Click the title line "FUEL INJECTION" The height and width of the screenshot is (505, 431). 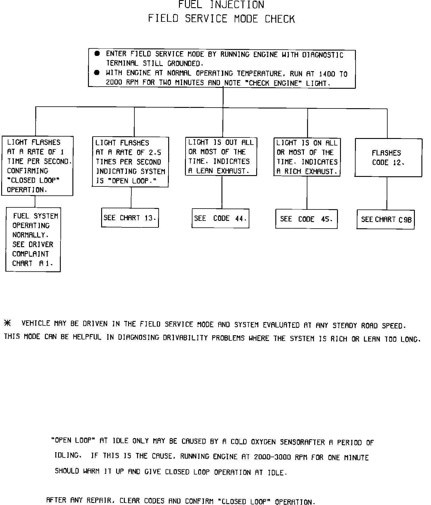click(x=221, y=5)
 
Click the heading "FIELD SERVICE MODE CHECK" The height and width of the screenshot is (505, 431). click(x=221, y=19)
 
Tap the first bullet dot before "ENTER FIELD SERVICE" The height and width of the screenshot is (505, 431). click(x=97, y=54)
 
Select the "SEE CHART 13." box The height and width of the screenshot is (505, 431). click(x=130, y=218)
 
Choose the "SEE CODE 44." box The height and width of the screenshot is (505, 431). click(x=220, y=218)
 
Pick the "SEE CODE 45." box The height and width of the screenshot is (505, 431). click(x=306, y=219)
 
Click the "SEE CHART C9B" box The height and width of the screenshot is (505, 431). click(x=386, y=220)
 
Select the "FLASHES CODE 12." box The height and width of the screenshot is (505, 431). click(x=388, y=157)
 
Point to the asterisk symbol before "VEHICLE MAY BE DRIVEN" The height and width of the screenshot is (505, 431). click(x=7, y=323)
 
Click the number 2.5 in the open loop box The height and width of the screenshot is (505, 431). click(x=155, y=152)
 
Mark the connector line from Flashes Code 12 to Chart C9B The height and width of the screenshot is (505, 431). click(x=387, y=193)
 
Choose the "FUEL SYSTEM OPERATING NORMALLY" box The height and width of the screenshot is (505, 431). click(x=33, y=240)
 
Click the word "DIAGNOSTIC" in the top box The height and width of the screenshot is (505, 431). click(x=323, y=55)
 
